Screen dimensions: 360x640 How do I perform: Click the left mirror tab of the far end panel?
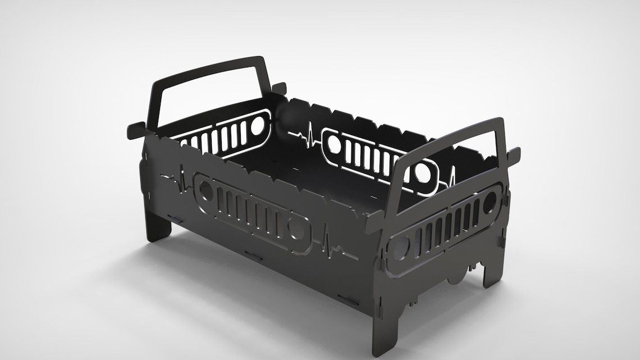tap(135, 130)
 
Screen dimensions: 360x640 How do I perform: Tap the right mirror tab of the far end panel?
tap(279, 88)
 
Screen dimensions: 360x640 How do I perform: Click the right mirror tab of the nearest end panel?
tap(513, 155)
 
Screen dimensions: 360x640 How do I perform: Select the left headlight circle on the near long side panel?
tap(207, 191)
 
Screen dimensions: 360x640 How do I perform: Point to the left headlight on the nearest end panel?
tap(400, 248)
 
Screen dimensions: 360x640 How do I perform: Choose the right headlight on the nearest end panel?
tap(490, 201)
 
